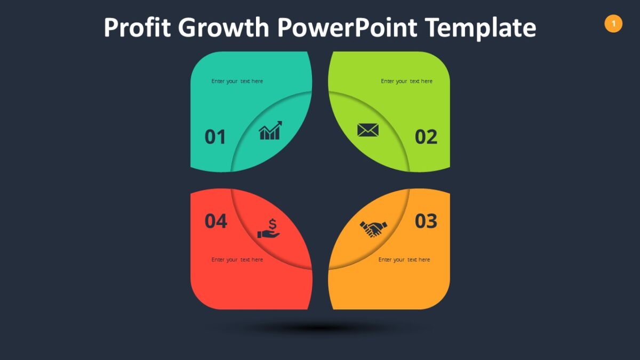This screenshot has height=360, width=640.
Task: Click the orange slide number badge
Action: click(x=613, y=23)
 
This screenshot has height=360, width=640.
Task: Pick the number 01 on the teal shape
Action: click(x=215, y=137)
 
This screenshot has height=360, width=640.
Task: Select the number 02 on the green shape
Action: click(x=426, y=137)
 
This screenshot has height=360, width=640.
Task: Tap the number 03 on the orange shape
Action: click(x=426, y=221)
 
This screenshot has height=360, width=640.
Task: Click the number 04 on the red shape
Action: click(x=216, y=221)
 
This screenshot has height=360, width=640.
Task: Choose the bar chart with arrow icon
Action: click(x=270, y=131)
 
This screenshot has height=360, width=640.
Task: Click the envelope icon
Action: click(x=368, y=130)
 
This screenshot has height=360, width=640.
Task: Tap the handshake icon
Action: click(x=373, y=229)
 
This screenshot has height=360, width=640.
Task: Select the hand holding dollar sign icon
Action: click(x=269, y=229)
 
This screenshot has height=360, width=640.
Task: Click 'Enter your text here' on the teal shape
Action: click(x=237, y=81)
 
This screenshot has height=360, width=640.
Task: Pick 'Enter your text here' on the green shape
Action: click(x=406, y=81)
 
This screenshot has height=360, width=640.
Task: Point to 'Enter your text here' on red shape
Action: click(x=237, y=260)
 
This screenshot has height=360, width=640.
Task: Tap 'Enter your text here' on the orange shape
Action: click(x=404, y=260)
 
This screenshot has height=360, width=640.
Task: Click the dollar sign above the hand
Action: click(x=273, y=223)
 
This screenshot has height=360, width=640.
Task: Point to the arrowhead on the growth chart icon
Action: click(x=279, y=124)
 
